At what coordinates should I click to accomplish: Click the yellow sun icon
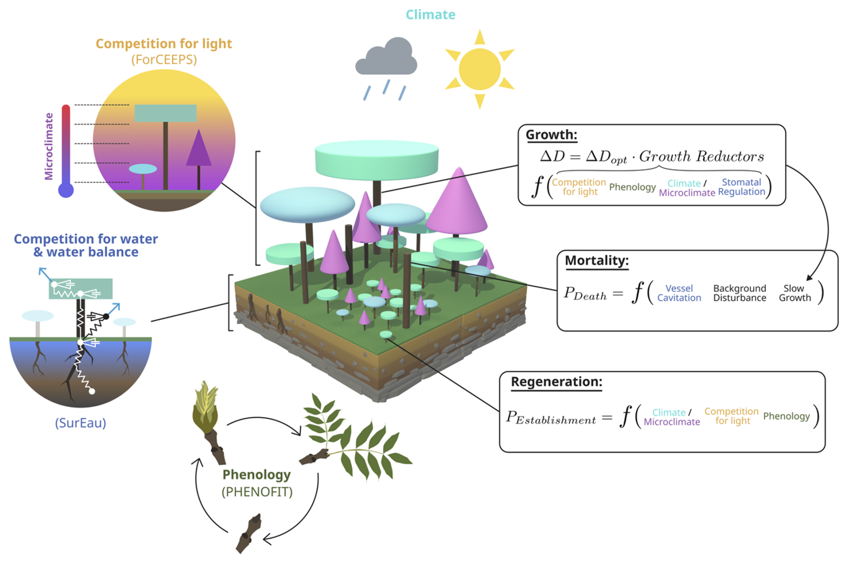click(480, 69)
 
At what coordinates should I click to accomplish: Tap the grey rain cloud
click(386, 58)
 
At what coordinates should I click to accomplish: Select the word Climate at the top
click(430, 15)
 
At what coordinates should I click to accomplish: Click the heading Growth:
click(551, 135)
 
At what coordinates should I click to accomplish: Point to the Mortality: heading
click(597, 260)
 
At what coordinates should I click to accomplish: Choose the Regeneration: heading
click(556, 382)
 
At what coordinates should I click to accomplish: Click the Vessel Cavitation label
click(679, 293)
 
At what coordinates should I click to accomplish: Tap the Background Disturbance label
click(740, 293)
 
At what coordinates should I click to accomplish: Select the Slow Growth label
click(795, 293)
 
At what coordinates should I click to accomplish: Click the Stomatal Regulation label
click(741, 187)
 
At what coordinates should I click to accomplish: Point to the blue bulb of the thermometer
click(66, 190)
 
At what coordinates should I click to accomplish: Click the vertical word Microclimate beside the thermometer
click(49, 146)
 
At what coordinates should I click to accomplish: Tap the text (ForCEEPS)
click(164, 60)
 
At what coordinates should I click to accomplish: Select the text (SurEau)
click(81, 423)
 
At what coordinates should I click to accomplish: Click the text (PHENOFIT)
click(257, 492)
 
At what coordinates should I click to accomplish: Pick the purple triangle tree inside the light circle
click(199, 150)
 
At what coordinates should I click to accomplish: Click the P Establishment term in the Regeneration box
click(551, 418)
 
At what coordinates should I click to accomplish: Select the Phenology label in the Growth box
click(632, 187)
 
